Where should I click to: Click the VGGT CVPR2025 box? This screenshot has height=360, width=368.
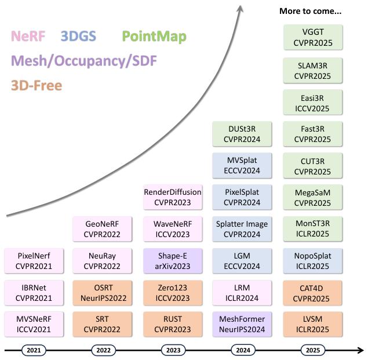[313, 37]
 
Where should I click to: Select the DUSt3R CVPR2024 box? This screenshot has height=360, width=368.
[242, 134]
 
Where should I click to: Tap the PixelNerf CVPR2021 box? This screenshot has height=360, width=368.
[34, 261]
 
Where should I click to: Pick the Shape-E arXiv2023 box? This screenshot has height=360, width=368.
[173, 261]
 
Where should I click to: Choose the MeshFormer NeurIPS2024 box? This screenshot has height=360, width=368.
[242, 324]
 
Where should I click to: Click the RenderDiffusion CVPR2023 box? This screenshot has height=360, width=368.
[173, 197]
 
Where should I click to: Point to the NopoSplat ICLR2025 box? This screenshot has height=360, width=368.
[312, 261]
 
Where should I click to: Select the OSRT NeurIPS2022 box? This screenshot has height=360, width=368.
[103, 293]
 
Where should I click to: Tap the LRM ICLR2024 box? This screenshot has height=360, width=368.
[242, 293]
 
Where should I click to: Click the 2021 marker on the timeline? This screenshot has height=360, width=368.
[34, 350]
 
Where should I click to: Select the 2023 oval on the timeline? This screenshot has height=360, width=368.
[173, 350]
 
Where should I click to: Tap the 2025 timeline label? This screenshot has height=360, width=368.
[313, 350]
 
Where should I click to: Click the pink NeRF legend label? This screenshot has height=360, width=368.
[28, 36]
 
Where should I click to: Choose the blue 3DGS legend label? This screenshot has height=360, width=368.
[78, 36]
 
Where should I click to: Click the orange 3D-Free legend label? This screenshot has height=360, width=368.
[37, 85]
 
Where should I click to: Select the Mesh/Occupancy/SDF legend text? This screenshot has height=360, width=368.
[84, 61]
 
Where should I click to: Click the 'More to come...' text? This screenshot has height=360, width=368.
[310, 11]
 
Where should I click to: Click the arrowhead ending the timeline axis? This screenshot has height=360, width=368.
[360, 350]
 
